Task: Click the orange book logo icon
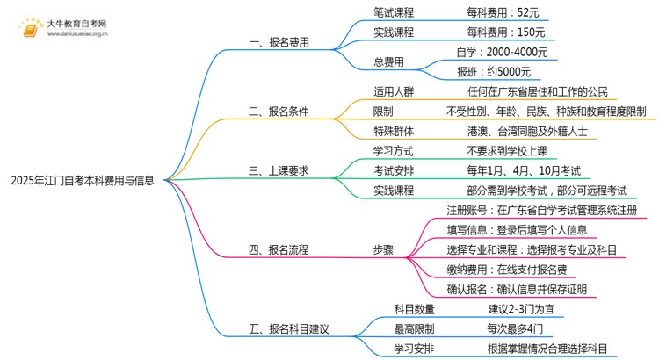click(33, 29)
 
